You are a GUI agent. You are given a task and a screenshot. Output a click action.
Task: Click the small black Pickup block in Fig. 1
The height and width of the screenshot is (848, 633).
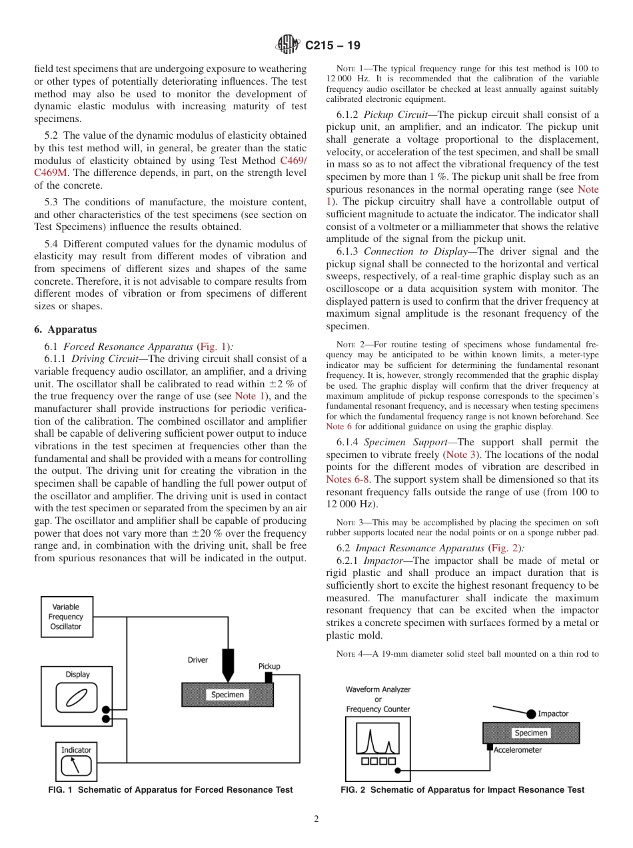[x=269, y=677]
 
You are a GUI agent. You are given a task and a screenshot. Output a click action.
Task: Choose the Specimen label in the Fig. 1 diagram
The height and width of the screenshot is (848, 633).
[x=227, y=695]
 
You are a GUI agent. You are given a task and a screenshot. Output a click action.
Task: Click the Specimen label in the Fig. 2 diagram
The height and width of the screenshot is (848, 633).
[x=531, y=733]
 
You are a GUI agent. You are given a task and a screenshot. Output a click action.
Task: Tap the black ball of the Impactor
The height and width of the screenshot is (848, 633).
[x=531, y=714]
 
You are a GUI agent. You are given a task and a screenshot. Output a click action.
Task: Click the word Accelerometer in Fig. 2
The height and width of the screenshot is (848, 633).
[x=518, y=750]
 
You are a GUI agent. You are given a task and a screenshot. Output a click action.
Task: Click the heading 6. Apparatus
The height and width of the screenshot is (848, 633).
[x=65, y=329]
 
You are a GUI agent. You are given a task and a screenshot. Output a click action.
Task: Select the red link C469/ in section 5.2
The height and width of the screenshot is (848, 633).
[x=293, y=161]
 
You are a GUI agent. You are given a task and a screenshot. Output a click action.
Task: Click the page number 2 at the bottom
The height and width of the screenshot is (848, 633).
[x=316, y=819]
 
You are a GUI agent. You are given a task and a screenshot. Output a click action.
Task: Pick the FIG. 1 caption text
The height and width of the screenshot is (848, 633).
[x=171, y=790]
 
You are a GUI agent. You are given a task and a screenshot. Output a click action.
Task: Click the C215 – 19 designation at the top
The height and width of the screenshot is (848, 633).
[x=332, y=46]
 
